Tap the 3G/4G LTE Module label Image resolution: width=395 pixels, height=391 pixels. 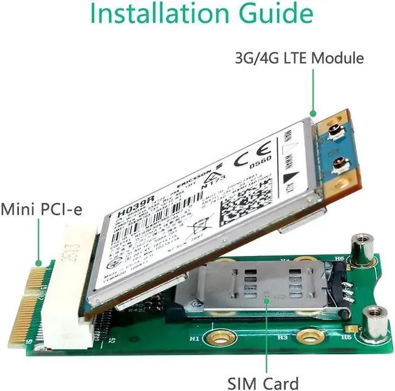pos(299,59)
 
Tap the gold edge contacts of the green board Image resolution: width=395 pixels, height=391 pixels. pos(25,302)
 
